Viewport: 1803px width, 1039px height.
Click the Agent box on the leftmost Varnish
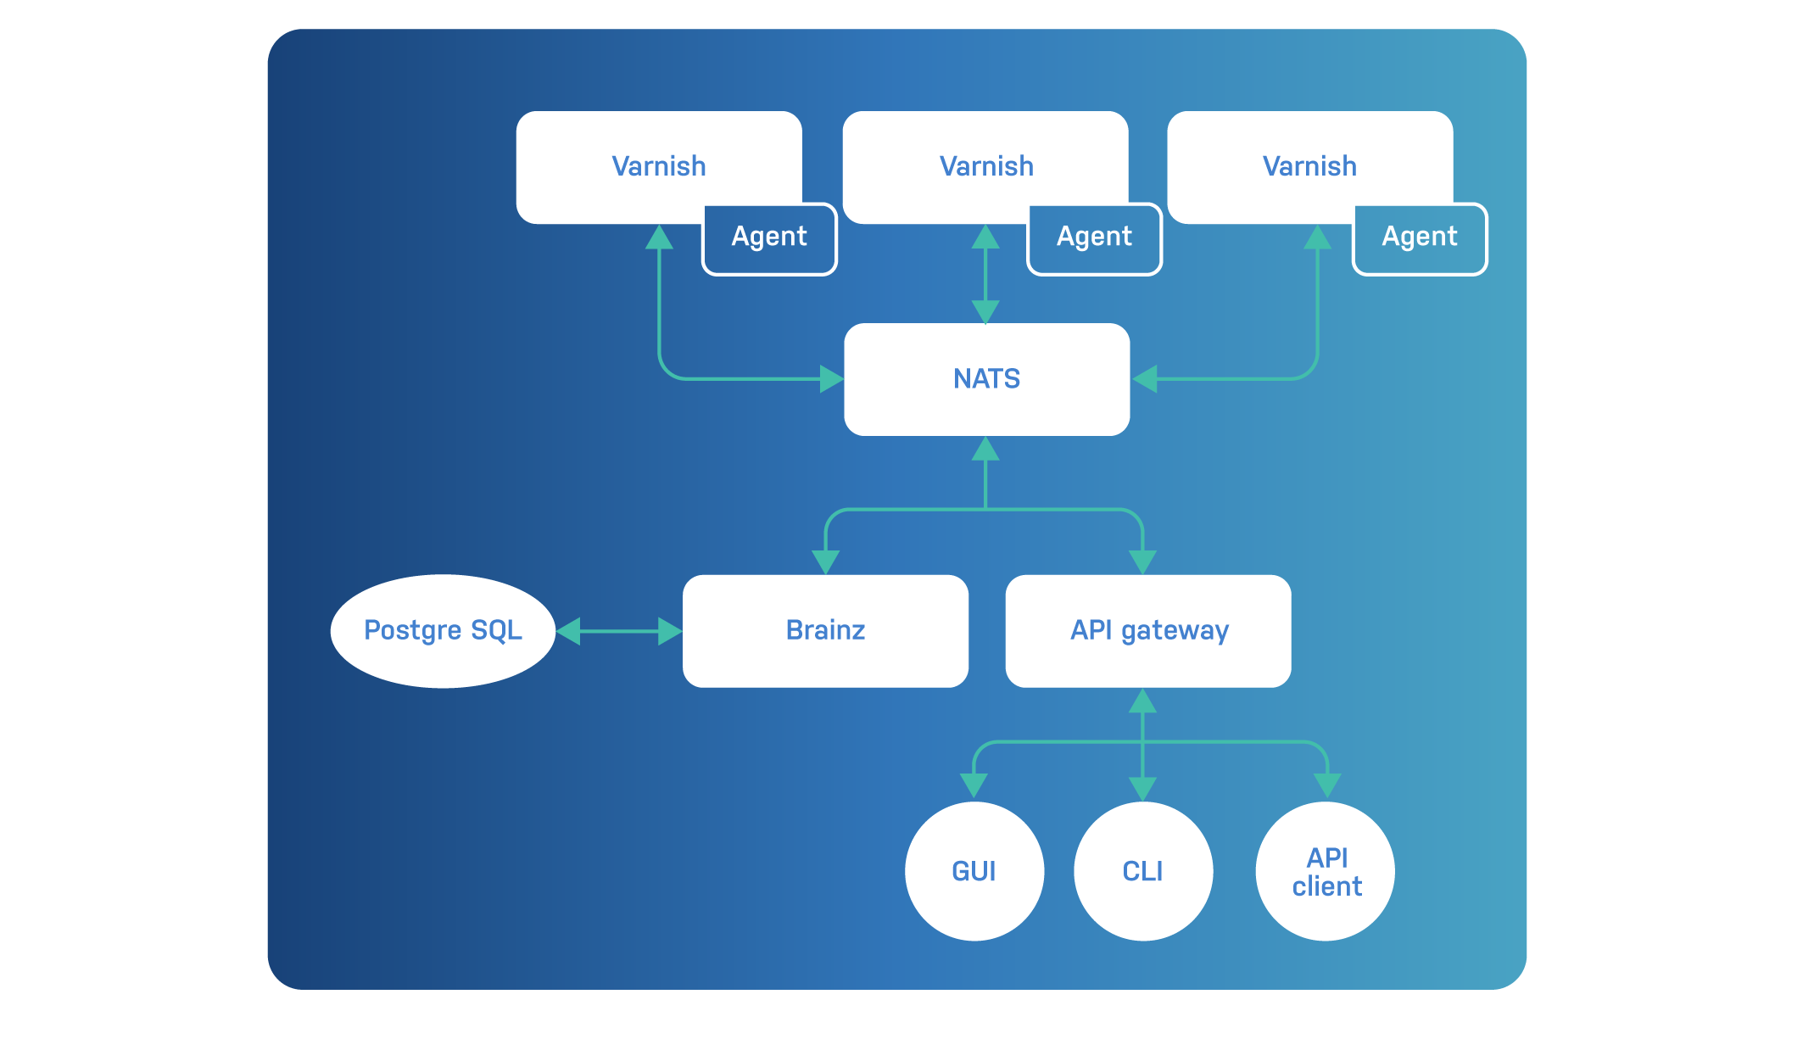[769, 238]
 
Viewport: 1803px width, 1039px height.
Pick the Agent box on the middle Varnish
[1094, 238]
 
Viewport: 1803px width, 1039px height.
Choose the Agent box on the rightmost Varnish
[1419, 238]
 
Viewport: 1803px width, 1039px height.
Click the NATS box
[986, 379]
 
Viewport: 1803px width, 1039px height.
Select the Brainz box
[825, 631]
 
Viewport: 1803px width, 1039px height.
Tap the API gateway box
[1148, 631]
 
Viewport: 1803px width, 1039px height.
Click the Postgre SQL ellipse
[443, 631]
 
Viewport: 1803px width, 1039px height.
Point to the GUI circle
[974, 871]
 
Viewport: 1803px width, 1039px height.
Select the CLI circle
[1142, 871]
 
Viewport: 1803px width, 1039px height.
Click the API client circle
[1326, 871]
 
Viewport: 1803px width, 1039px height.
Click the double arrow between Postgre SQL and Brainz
[619, 631]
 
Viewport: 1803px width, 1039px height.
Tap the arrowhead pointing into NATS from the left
[831, 378]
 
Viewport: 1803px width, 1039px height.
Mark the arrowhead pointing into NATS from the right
[1145, 378]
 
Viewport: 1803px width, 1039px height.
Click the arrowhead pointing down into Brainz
[825, 561]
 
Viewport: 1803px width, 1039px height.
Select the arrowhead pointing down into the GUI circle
[974, 785]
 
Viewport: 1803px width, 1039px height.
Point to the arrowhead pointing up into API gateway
[1142, 701]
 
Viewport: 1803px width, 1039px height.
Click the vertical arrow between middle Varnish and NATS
[985, 274]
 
